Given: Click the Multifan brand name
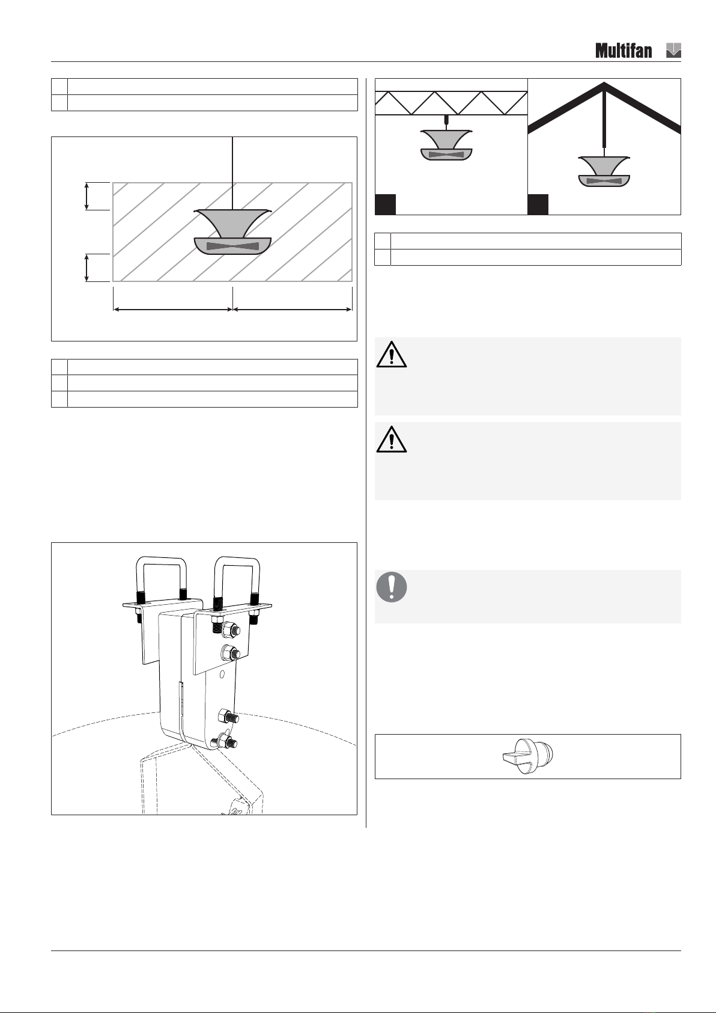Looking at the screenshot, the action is (623, 50).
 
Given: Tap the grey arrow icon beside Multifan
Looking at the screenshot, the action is (673, 50).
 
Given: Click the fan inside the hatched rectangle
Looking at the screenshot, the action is (232, 231).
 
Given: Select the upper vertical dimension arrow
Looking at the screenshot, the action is (86, 196).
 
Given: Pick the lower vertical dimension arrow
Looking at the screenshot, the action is (86, 268).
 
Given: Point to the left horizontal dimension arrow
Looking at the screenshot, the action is (172, 310).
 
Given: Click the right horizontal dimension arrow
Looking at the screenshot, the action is (293, 310).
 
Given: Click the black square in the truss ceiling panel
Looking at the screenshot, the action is (385, 204).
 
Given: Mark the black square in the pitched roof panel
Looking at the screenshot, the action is (538, 204).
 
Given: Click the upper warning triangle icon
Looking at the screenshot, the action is (391, 355).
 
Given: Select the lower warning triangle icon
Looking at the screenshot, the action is (391, 439).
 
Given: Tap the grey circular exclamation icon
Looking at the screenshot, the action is (392, 587).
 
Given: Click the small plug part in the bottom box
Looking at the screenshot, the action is (528, 756).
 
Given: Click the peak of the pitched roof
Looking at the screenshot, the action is (604, 83).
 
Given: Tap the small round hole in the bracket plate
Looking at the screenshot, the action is (222, 675).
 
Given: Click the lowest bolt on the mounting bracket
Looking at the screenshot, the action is (225, 741).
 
